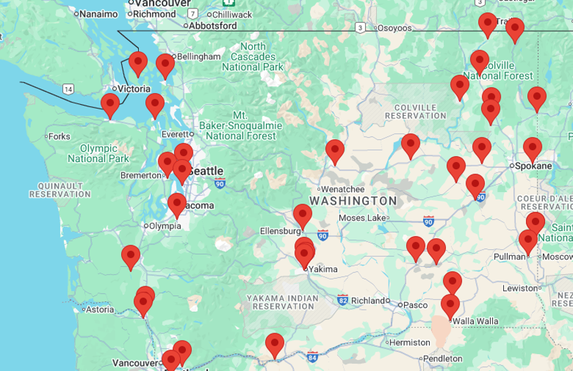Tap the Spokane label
[x=533, y=166]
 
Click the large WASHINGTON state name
[x=353, y=200]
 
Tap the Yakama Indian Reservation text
[x=282, y=302]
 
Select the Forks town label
[x=59, y=136]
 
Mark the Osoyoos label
[x=394, y=28]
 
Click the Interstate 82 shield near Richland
[x=343, y=300]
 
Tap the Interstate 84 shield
[x=312, y=357]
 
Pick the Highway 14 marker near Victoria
[x=68, y=89]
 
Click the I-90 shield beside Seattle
[x=220, y=184]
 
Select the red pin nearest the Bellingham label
[x=165, y=64]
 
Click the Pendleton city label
[x=443, y=359]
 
